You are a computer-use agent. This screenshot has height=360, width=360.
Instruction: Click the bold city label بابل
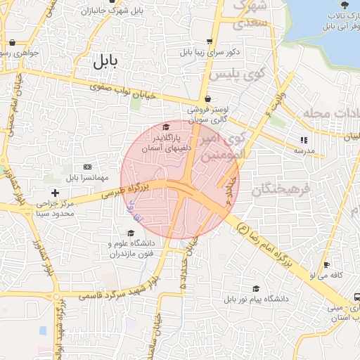(x=107, y=61)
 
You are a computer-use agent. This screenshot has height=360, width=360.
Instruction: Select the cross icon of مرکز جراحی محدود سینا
(x=56, y=193)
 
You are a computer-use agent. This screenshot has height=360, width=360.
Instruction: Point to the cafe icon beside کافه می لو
(x=325, y=265)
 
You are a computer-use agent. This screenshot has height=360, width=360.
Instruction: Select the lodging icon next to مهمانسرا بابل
(x=87, y=167)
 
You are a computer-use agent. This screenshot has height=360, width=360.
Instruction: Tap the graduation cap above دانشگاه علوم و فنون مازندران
(x=130, y=233)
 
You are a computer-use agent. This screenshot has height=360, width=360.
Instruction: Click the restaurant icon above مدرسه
(x=304, y=141)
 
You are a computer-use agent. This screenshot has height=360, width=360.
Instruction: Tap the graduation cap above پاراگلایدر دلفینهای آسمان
(x=166, y=127)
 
